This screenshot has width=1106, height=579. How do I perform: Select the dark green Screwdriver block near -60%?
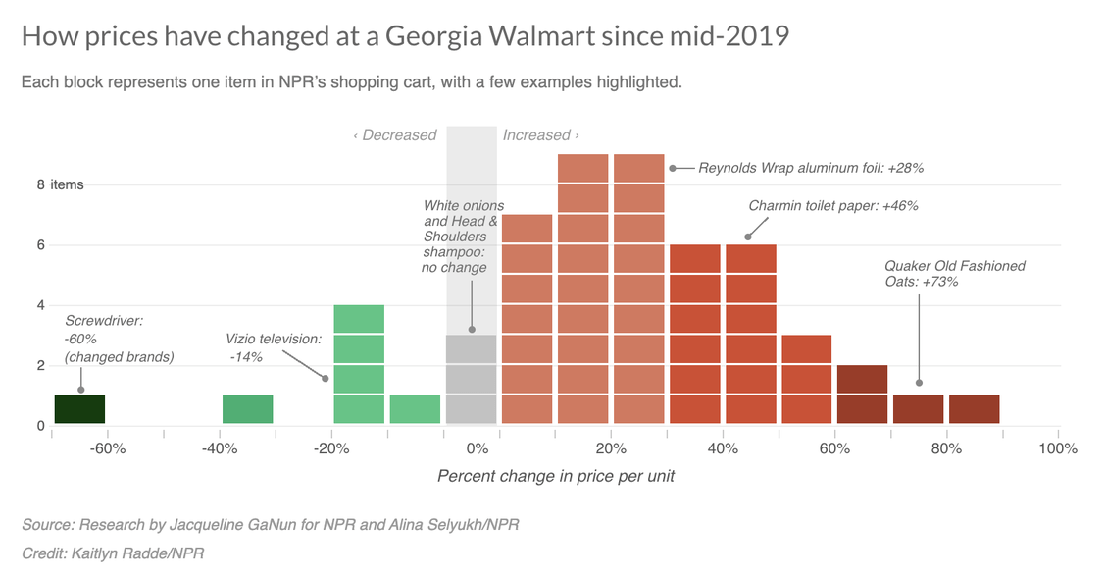tap(79, 409)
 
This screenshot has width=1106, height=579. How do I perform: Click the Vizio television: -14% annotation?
tap(274, 347)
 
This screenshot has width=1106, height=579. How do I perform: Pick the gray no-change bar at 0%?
tap(471, 379)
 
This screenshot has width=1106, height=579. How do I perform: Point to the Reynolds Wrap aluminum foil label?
tap(811, 168)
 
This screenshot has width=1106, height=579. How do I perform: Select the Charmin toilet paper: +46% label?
tap(832, 206)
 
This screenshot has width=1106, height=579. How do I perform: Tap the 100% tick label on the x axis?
tap(1058, 448)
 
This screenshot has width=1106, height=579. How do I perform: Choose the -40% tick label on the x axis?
tap(220, 448)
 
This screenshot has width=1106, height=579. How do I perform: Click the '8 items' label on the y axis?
tap(67, 184)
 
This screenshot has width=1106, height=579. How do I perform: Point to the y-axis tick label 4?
tap(41, 305)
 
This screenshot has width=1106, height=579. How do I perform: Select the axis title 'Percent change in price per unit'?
tap(555, 476)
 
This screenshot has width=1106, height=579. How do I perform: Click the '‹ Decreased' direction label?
tap(394, 135)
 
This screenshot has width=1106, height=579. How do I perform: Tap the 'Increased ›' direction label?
tap(540, 135)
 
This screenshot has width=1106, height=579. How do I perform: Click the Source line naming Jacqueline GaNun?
tap(270, 525)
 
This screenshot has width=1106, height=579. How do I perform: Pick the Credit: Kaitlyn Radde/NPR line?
tap(113, 553)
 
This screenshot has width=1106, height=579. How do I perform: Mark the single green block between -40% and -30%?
tap(247, 409)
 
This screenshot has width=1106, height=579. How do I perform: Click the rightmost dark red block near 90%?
tap(974, 409)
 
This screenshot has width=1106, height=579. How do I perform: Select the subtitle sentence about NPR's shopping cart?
tap(351, 82)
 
